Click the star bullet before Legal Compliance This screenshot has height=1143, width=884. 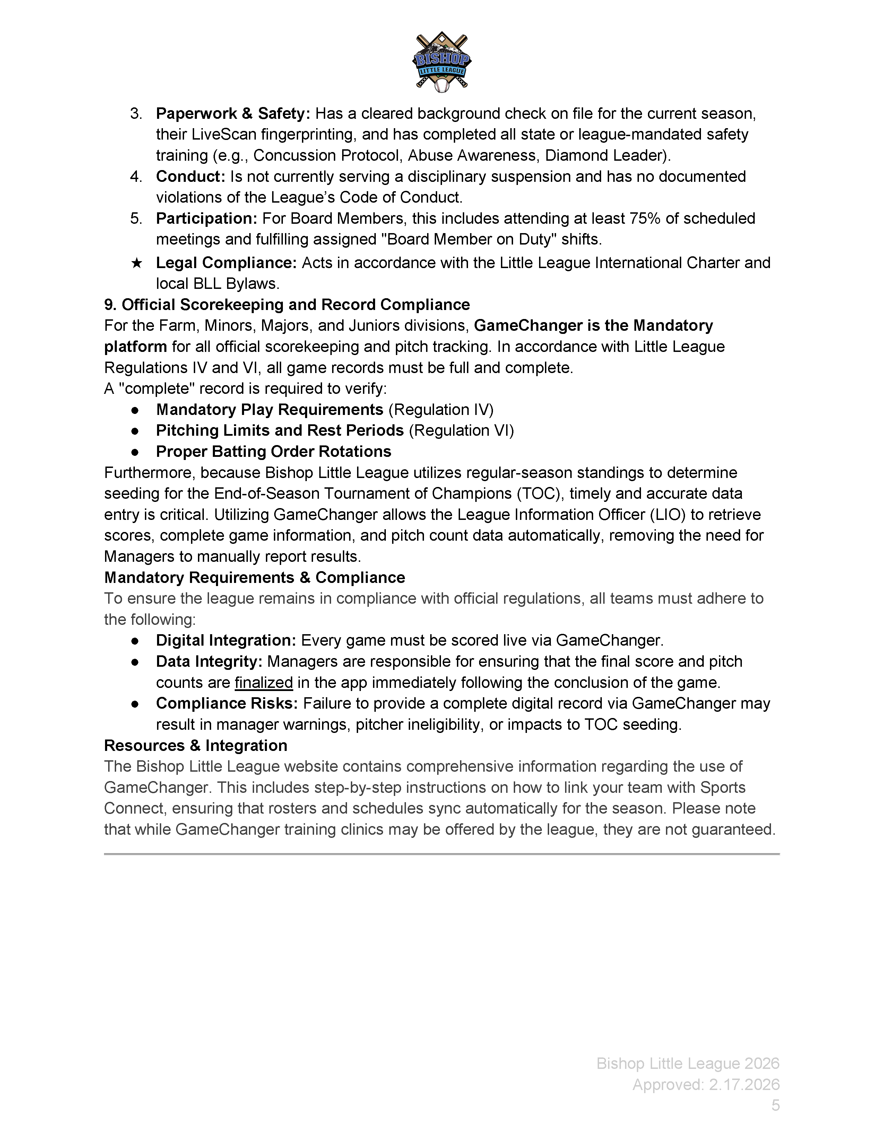tap(136, 263)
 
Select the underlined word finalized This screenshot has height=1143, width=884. tap(263, 682)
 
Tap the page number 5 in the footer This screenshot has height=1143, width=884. tap(775, 1105)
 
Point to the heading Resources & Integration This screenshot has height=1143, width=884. tap(195, 745)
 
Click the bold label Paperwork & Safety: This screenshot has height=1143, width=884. tap(233, 114)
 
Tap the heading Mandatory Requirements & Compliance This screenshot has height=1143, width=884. tap(254, 577)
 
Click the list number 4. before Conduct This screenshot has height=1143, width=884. tap(136, 176)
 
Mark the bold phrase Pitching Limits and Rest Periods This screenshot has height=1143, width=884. tap(280, 430)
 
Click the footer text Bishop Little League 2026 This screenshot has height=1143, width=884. tap(688, 1063)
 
